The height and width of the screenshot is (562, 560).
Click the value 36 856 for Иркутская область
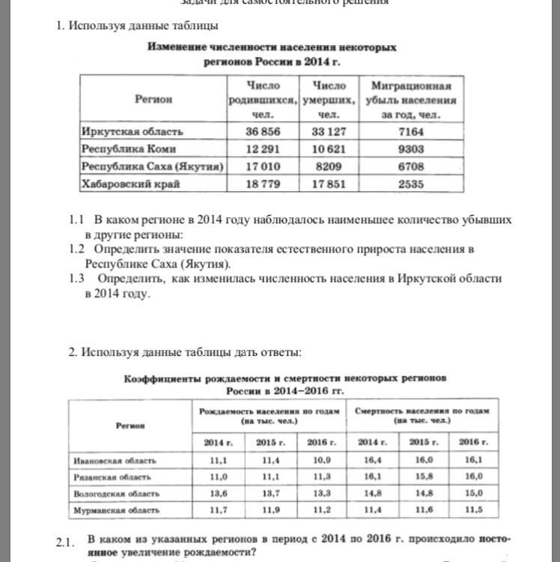(x=262, y=132)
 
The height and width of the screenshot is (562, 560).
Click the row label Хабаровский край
(x=130, y=184)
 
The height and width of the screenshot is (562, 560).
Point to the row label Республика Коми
(x=124, y=148)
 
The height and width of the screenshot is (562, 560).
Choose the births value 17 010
(x=262, y=166)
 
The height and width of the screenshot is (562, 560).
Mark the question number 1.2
(x=76, y=249)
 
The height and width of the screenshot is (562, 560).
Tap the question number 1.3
(x=76, y=278)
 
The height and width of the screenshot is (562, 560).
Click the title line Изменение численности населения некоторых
(x=272, y=47)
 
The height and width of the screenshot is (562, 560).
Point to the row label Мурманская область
(x=116, y=510)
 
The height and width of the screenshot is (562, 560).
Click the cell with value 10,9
(x=317, y=460)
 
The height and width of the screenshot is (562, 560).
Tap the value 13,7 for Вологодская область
(x=267, y=494)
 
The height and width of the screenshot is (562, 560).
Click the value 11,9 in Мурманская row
(x=267, y=510)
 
